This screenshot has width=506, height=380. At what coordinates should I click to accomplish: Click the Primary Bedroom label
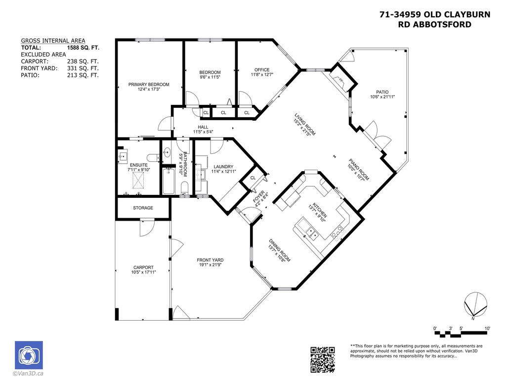149,85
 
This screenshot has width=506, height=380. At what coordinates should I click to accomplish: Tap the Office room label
262,70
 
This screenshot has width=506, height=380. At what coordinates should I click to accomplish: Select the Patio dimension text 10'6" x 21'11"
382,97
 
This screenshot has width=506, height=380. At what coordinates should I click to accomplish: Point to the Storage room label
143,208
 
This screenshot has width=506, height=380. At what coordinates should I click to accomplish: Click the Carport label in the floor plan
143,267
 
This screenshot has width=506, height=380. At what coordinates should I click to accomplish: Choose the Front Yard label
211,260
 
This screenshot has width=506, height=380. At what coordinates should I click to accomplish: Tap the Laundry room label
223,167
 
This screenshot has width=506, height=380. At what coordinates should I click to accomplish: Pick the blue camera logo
29,355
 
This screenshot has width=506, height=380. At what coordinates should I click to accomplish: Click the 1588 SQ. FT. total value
83,48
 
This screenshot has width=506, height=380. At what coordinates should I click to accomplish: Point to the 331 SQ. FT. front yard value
83,68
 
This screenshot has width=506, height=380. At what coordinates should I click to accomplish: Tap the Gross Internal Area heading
53,41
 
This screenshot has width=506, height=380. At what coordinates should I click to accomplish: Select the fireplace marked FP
340,80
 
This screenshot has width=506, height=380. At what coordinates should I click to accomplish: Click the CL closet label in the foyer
253,178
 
